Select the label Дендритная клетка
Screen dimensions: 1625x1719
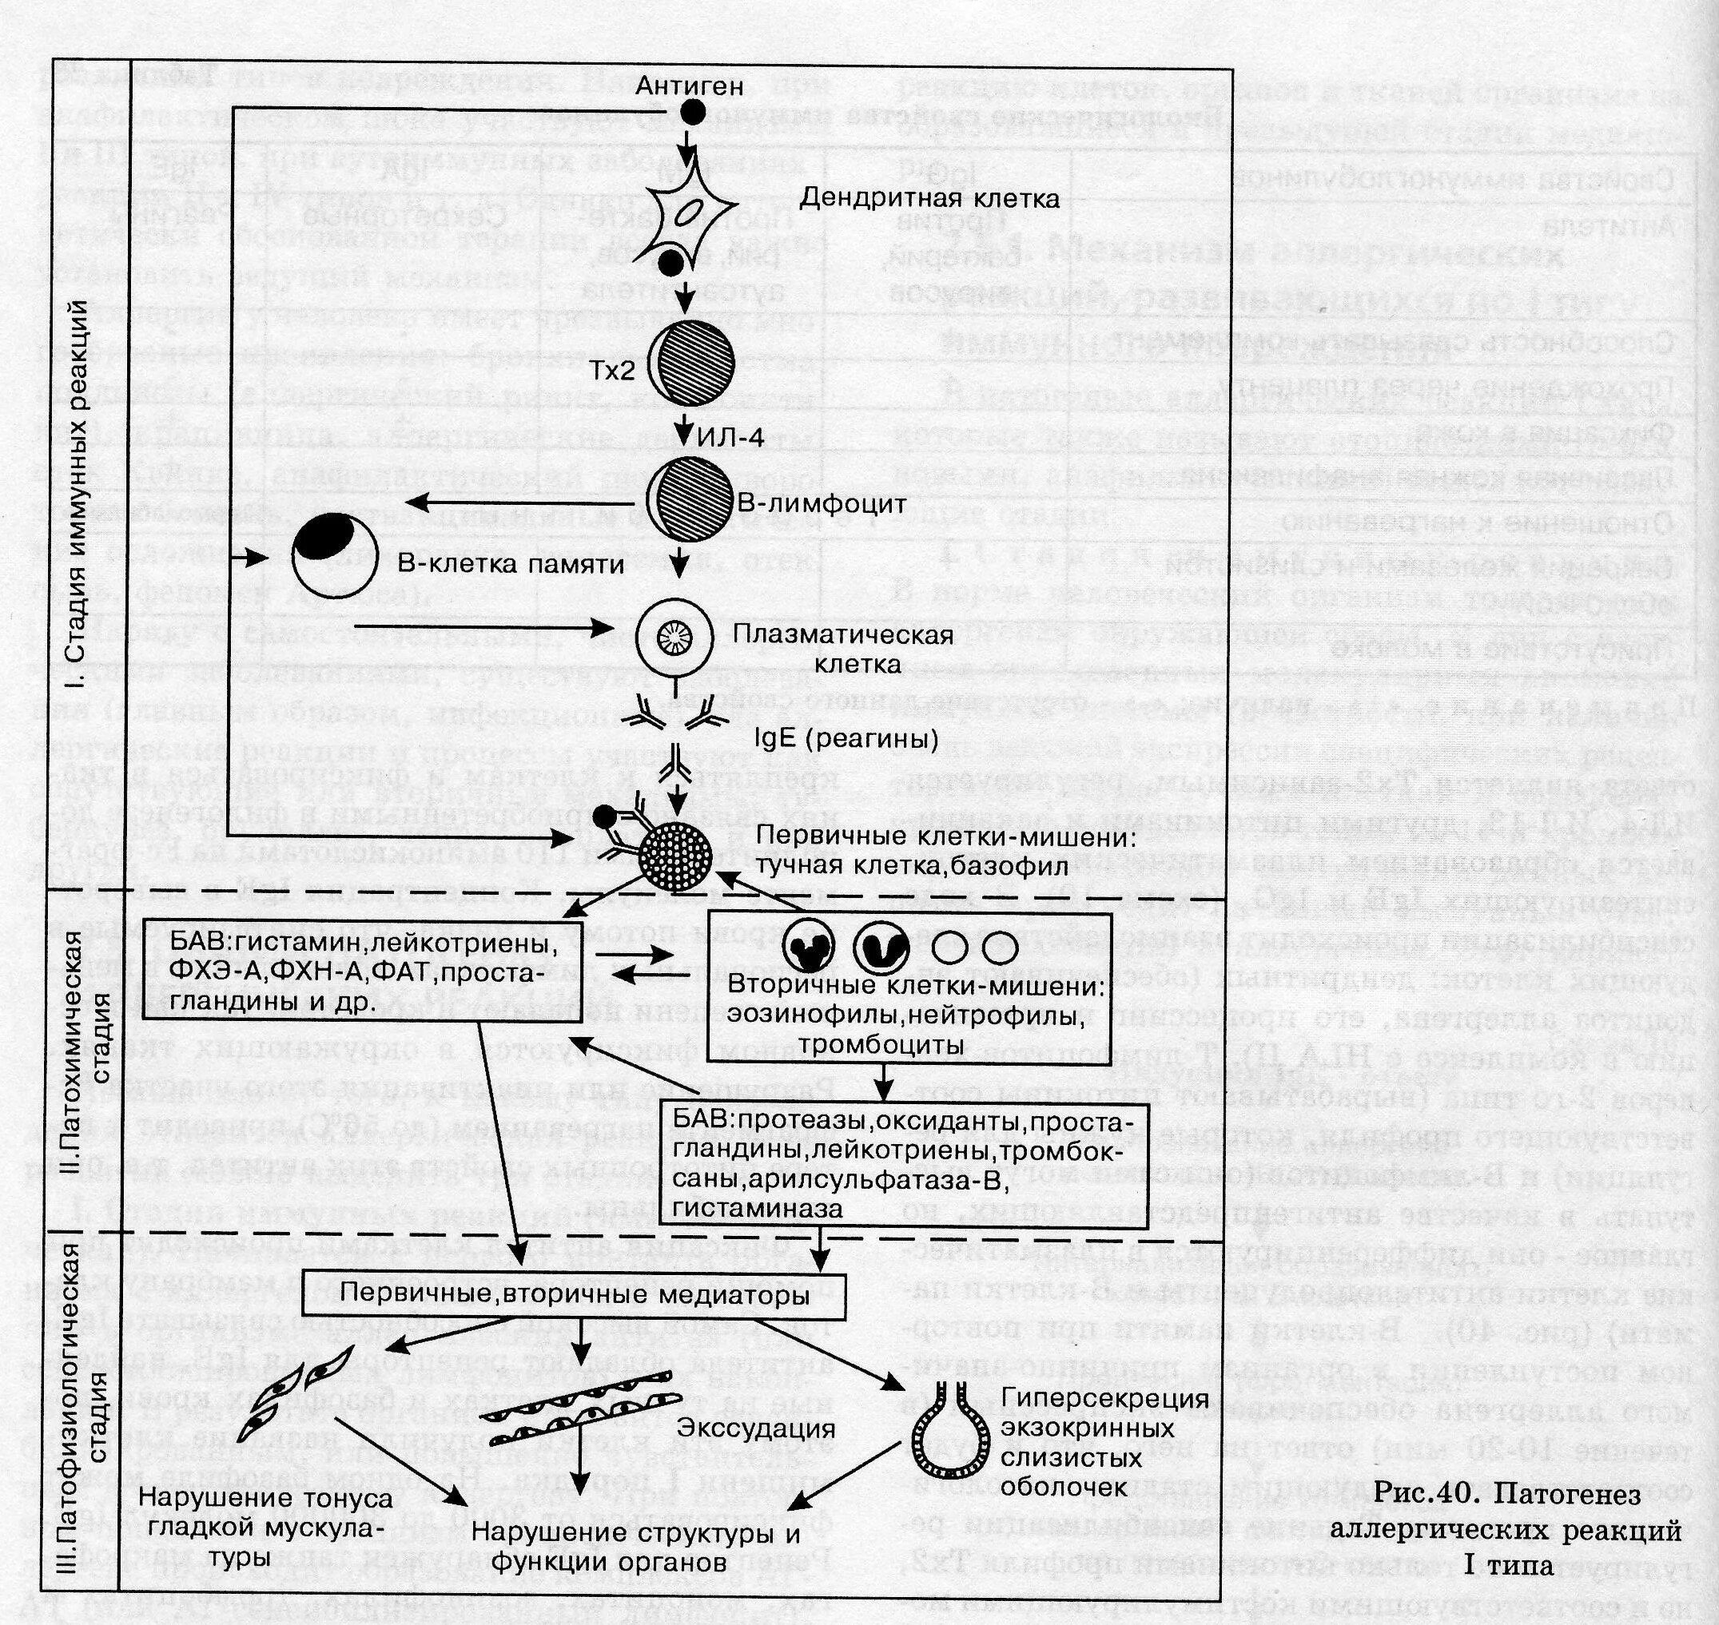(x=929, y=198)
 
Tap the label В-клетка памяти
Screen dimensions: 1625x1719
(x=511, y=565)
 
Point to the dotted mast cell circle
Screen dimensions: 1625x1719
(x=674, y=853)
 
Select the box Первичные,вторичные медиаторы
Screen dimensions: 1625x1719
(x=575, y=1294)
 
